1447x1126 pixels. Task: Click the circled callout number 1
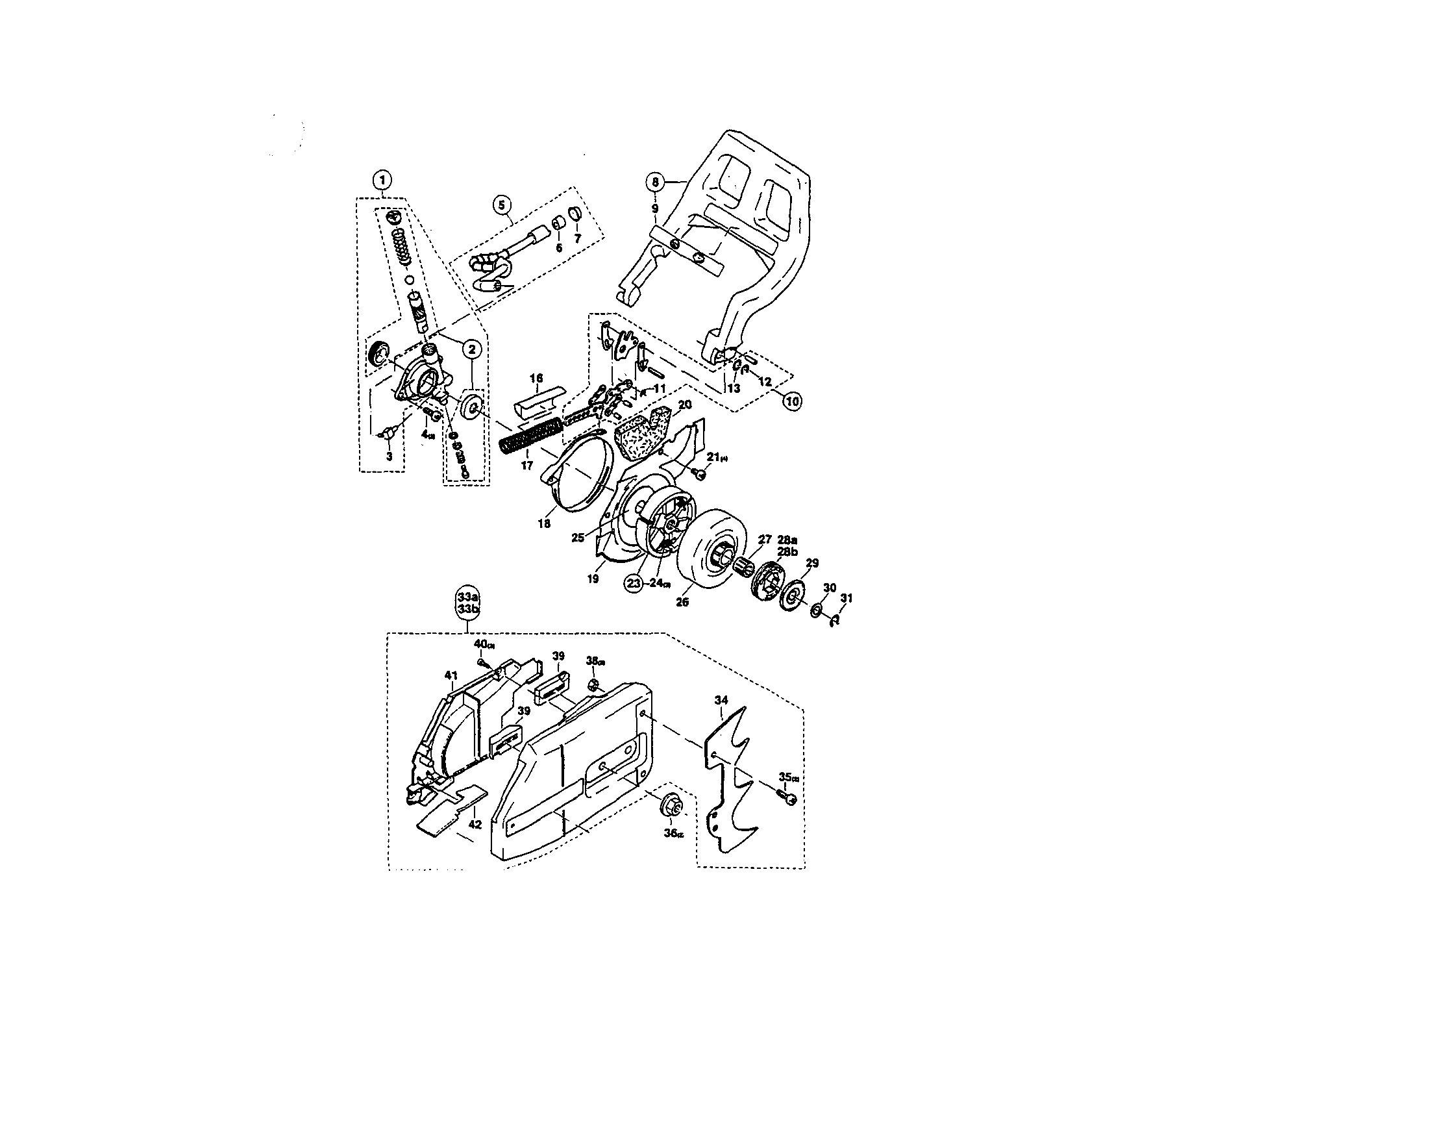382,180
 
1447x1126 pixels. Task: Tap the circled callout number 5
501,204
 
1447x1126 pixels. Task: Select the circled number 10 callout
793,400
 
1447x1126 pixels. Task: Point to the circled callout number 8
654,181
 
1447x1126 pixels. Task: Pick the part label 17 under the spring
526,466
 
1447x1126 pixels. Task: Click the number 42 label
475,825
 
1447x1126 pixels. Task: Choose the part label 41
451,675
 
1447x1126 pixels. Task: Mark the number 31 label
846,598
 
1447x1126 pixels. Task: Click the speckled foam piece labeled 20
641,436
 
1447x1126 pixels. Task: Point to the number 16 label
536,379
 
